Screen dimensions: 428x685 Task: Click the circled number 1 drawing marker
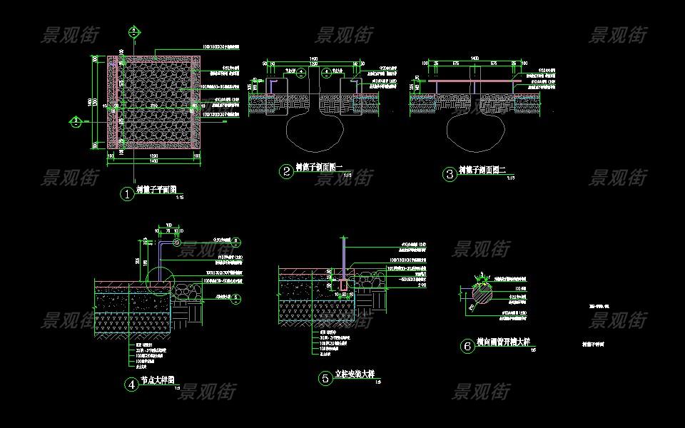[x=127, y=194]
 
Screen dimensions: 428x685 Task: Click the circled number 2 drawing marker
[x=285, y=171]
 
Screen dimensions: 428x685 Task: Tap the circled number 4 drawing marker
[x=131, y=384]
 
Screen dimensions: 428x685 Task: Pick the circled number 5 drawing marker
[x=325, y=379]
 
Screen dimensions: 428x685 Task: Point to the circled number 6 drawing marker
[x=467, y=347]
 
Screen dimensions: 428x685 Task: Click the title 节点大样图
[x=158, y=381]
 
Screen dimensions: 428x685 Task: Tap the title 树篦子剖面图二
[x=482, y=170]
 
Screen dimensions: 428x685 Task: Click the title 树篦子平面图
[x=156, y=190]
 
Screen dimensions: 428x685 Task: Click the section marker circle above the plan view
[x=133, y=31]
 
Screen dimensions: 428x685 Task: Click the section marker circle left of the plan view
[x=75, y=121]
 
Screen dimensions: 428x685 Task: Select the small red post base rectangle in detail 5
[x=345, y=286]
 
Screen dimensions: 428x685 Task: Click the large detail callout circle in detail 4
[x=158, y=277]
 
